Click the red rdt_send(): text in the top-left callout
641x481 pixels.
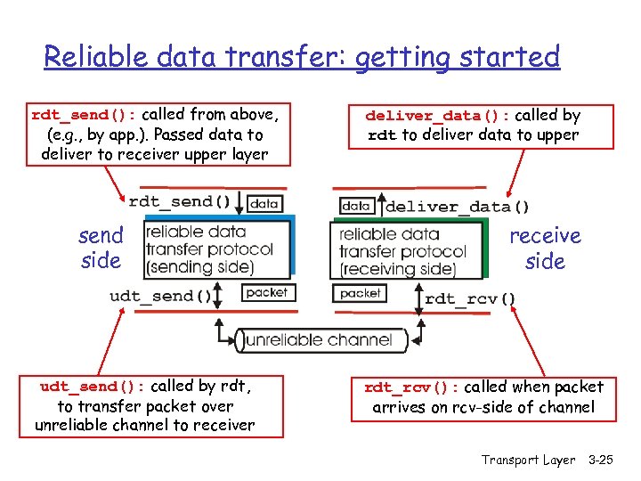click(x=84, y=115)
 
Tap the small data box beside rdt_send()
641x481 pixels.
click(x=264, y=203)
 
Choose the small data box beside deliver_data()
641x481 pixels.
click(x=355, y=206)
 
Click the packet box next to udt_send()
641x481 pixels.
click(x=266, y=292)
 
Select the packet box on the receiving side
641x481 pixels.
click(x=360, y=293)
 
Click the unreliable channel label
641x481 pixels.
click(x=318, y=339)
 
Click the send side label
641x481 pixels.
click(x=101, y=249)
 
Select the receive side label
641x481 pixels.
click(x=545, y=249)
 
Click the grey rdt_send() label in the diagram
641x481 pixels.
click(x=183, y=201)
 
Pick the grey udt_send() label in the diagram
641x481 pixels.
click(x=161, y=296)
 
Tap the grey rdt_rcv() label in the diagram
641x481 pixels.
click(x=470, y=298)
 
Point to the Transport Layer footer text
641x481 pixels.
click(x=528, y=460)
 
